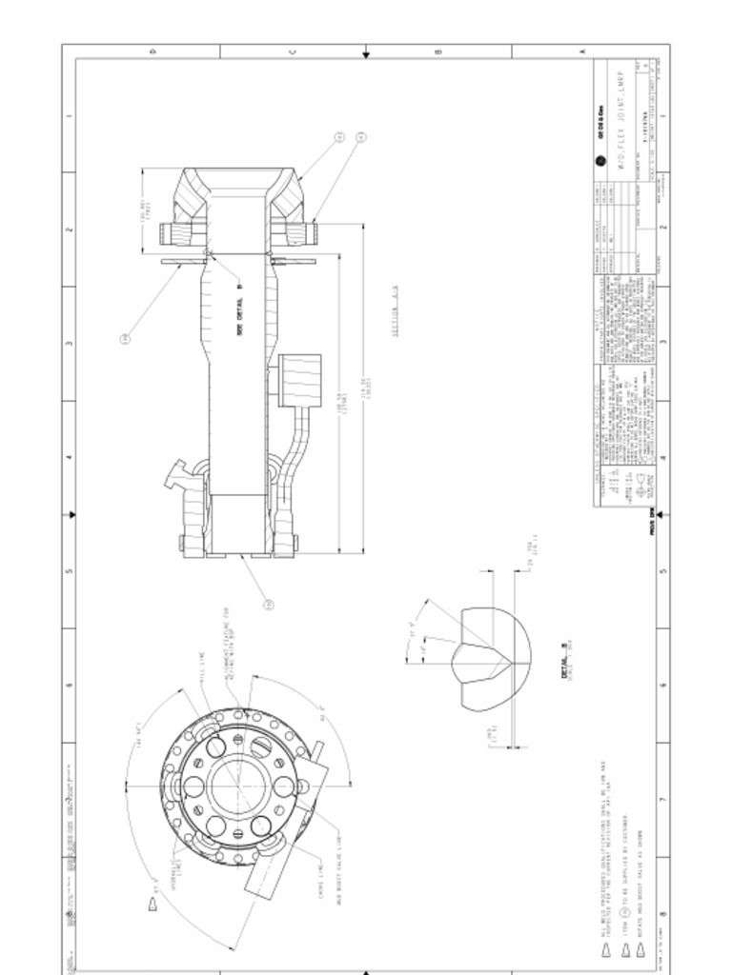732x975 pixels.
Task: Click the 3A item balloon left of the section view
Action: click(x=125, y=337)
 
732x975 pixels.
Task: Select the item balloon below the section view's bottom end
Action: click(x=269, y=605)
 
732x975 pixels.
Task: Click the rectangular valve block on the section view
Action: click(x=299, y=379)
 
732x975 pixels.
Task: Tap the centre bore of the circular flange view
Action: click(x=238, y=786)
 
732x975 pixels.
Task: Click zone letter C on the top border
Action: click(x=293, y=50)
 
